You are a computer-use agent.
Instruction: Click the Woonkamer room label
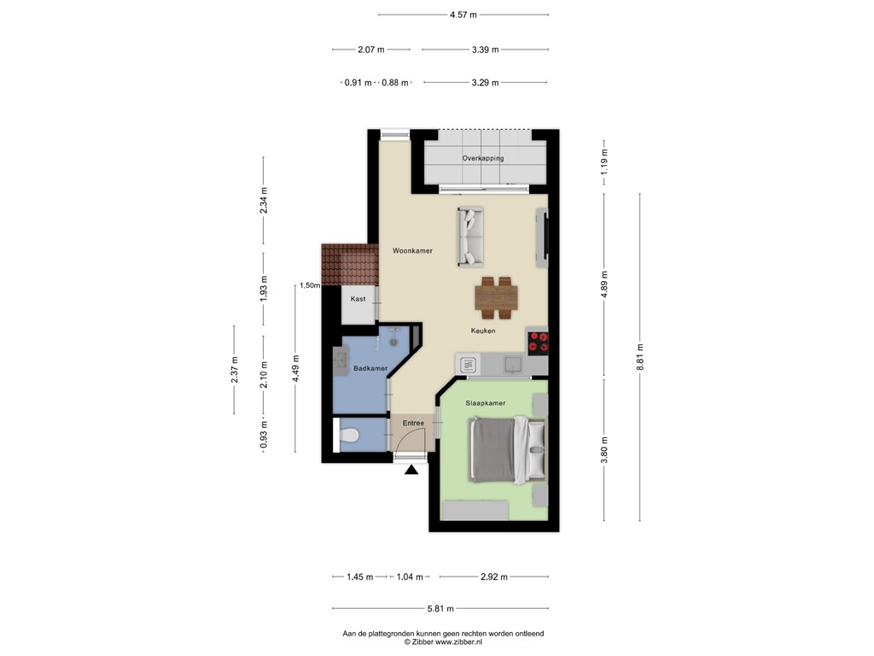[412, 250]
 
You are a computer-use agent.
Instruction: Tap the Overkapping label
[483, 158]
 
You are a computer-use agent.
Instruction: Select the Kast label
[358, 299]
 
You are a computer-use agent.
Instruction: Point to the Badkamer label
[370, 368]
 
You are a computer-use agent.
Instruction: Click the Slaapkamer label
[486, 403]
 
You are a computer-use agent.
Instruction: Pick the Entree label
[413, 423]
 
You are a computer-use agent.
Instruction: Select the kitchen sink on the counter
[512, 365]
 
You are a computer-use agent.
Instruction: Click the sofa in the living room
[470, 236]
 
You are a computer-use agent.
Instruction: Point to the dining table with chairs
[497, 298]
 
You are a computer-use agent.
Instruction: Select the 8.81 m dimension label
[640, 357]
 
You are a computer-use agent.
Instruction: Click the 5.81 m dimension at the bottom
[440, 608]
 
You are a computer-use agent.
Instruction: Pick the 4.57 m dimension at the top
[463, 15]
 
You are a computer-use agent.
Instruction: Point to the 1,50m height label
[310, 285]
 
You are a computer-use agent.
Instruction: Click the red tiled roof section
[350, 265]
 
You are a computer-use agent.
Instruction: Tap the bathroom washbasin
[340, 360]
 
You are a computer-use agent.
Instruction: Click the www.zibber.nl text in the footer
[458, 642]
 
